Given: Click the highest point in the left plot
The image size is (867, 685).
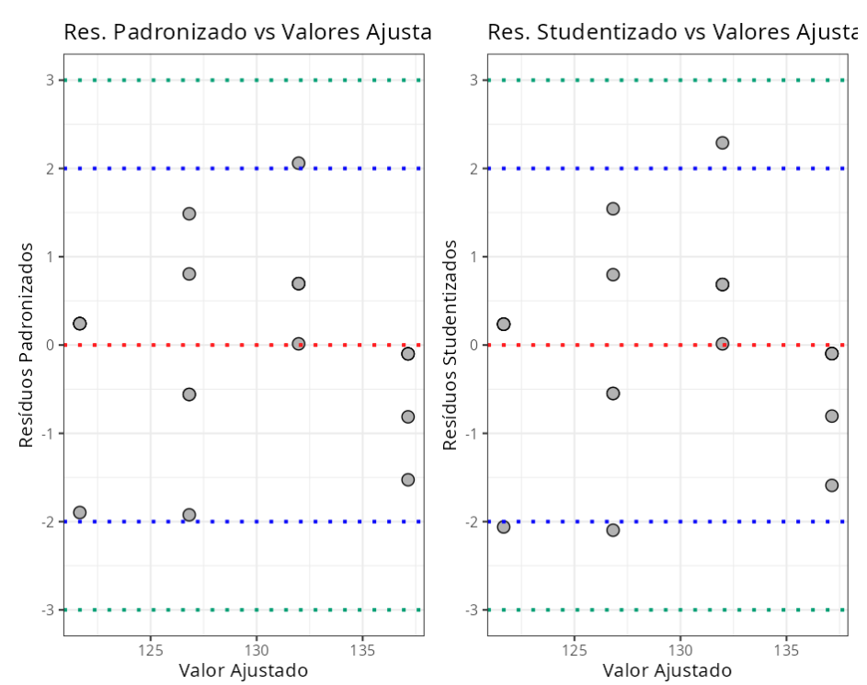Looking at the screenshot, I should (x=298, y=163).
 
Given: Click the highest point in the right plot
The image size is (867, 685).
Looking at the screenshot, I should (x=722, y=143).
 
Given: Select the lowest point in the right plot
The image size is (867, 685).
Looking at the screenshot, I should (x=613, y=530).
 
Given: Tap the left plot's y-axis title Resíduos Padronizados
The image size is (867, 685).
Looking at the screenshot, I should (x=27, y=345).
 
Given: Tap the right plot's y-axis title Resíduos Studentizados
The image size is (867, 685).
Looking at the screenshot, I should (x=451, y=345).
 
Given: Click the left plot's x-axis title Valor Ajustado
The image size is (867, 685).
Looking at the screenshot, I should (x=244, y=670).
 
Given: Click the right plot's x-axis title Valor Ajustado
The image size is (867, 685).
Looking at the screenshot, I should (x=667, y=670).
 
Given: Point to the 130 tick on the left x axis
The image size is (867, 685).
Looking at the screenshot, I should (x=256, y=649).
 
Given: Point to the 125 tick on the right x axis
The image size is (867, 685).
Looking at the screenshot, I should (x=574, y=649).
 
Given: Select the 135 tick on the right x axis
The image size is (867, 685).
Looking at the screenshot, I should (x=786, y=649).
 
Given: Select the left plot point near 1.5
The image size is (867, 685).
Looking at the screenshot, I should (x=189, y=213).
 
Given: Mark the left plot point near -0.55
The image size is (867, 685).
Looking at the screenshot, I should (x=189, y=394).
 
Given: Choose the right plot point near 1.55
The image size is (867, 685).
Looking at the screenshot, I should (x=613, y=209).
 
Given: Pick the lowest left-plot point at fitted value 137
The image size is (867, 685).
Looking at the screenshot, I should (x=408, y=479).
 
